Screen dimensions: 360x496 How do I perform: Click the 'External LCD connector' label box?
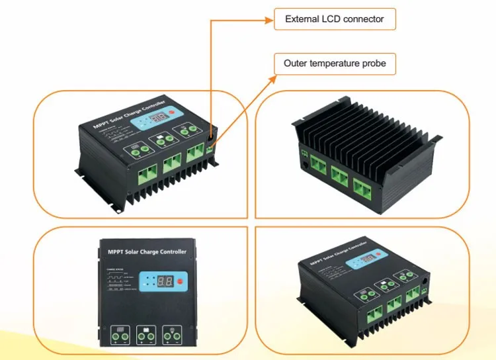pos(335,19)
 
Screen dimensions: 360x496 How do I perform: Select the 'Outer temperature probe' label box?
pos(335,64)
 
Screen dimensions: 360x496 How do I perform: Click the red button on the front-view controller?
pos(181,281)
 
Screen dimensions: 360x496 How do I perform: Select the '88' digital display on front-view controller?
pos(165,281)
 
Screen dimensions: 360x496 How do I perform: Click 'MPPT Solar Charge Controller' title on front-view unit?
pos(147,251)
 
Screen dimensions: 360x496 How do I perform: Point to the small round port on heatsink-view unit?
pos(305,161)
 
